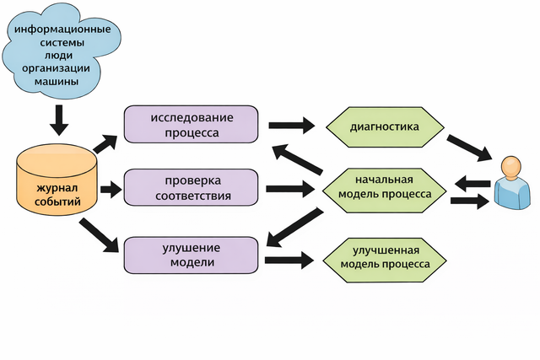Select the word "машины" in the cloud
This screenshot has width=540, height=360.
coord(58,82)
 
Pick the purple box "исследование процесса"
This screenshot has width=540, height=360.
coord(191,124)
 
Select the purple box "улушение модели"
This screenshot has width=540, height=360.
coord(191,255)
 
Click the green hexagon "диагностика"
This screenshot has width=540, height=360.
coord(385,127)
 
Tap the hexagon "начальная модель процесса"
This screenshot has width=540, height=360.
coord(385,187)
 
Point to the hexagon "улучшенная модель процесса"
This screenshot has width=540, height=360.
coord(385,257)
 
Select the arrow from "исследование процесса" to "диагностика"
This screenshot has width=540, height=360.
coord(291,127)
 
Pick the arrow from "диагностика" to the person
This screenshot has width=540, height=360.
coord(469,148)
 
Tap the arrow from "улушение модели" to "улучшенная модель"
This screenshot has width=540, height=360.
coord(291,261)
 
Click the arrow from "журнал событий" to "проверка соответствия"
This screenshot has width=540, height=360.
coord(111,190)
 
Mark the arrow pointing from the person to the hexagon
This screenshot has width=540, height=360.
coord(473,183)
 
